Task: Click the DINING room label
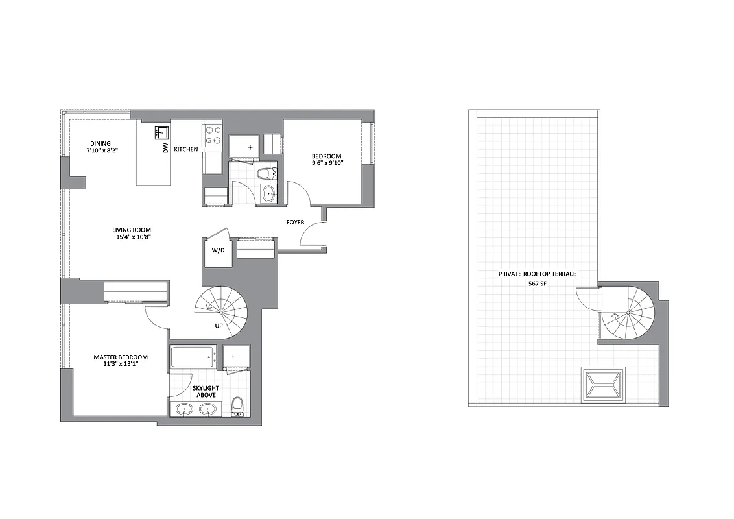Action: coord(101,143)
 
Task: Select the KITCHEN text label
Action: coord(186,149)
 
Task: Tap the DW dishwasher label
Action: coord(166,149)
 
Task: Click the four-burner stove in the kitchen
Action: coord(212,134)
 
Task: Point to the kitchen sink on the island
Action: coord(160,132)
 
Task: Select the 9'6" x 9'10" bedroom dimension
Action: coord(327,163)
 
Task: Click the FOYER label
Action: coord(295,223)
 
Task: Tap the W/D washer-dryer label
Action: coord(218,251)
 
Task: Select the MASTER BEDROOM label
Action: coord(121,357)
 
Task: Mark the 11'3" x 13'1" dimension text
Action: coord(121,365)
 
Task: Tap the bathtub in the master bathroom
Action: coord(193,356)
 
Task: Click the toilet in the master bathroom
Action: coord(237,406)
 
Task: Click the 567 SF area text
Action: coord(537,284)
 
